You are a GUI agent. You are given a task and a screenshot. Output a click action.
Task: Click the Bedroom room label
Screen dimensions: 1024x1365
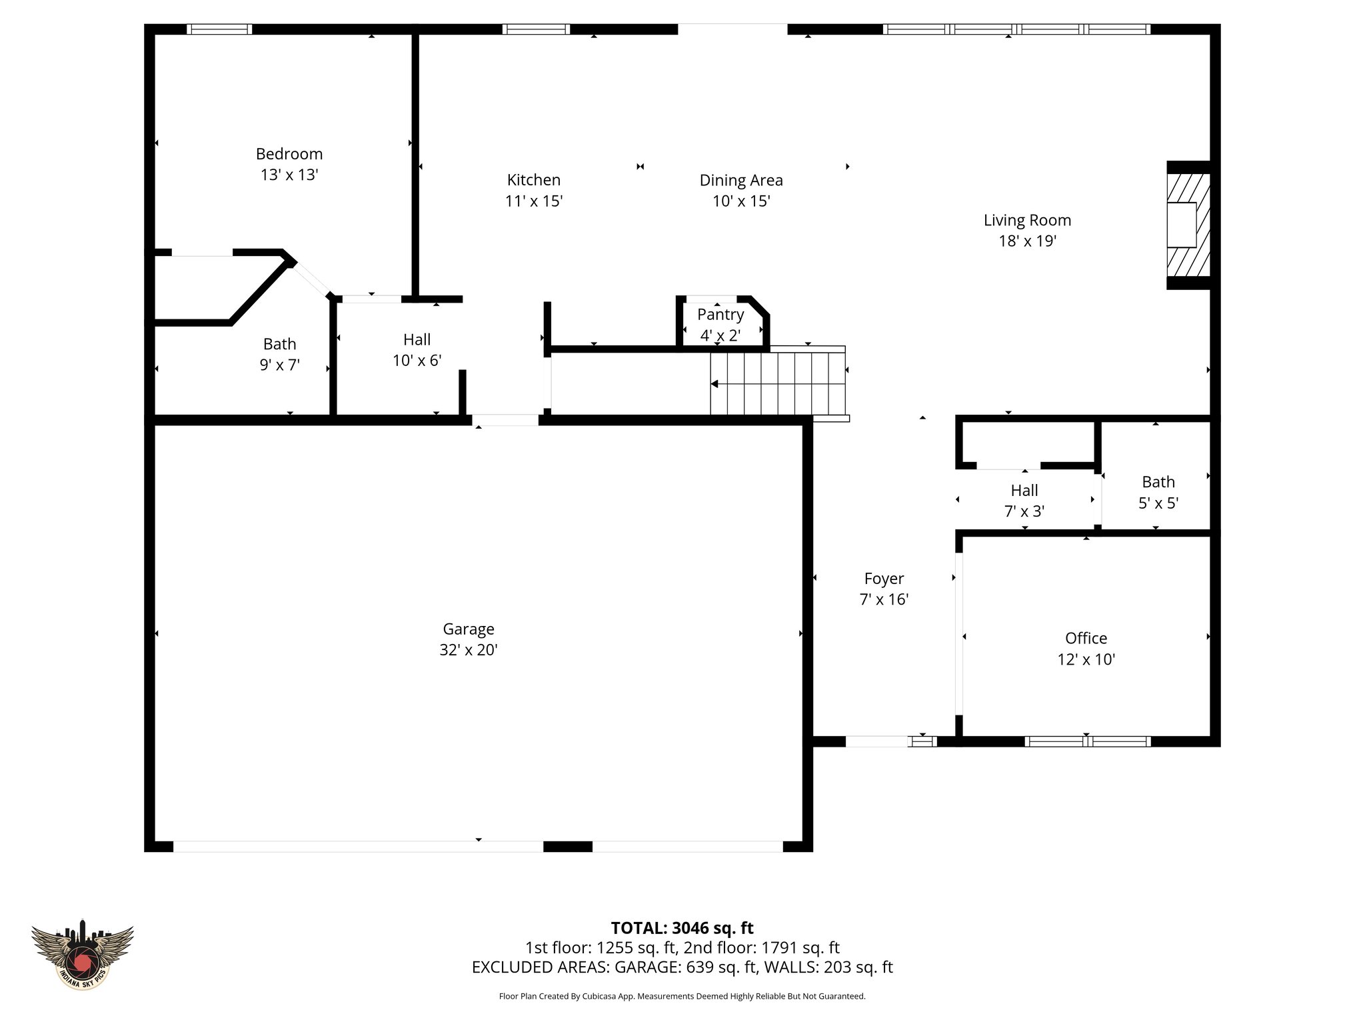289,154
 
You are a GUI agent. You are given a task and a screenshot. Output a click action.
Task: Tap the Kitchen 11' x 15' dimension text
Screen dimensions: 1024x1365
534,201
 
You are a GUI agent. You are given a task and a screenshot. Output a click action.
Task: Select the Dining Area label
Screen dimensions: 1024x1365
740,180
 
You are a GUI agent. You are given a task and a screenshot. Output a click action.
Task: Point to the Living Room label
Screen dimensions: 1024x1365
1027,220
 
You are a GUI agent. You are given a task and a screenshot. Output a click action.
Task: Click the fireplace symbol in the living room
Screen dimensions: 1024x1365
1188,225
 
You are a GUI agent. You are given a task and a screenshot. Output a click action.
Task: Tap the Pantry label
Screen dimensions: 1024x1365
720,315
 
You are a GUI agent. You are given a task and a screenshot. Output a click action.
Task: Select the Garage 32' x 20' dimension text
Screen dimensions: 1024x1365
469,650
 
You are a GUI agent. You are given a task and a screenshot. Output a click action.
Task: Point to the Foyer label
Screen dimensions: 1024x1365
884,579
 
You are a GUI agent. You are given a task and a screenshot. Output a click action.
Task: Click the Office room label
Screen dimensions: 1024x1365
1086,638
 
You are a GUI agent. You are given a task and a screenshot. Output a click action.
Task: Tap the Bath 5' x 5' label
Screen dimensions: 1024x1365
1158,492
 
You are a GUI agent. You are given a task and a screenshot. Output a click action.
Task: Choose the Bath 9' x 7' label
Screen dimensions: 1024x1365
279,354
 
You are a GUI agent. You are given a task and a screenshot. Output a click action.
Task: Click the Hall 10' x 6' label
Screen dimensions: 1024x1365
417,350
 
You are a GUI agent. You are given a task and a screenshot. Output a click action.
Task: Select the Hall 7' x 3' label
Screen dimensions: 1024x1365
1024,501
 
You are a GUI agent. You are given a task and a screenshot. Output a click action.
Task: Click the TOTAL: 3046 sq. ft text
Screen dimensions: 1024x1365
682,928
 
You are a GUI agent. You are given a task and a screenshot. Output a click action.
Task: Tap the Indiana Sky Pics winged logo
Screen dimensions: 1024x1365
83,954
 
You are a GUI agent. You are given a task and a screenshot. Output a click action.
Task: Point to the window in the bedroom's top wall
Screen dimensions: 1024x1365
219,29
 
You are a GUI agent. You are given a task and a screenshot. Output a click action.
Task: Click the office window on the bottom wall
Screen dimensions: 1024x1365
1087,741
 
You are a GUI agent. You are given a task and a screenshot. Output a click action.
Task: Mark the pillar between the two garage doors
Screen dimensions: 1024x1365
568,847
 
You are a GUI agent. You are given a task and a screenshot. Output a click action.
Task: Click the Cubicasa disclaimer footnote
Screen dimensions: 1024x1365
682,997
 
